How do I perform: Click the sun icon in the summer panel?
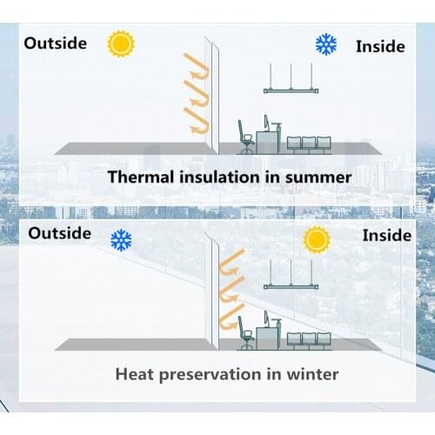pos(120,43)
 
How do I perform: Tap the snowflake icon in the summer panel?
pos(326,44)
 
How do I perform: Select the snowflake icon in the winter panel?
pos(122,240)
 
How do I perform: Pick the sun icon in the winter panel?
pos(317,238)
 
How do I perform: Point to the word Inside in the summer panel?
pos(380,46)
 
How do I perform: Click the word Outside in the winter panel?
pos(59,232)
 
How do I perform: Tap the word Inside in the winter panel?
pos(386,235)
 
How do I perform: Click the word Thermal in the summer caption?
pos(140,177)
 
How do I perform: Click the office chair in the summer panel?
pos(245,139)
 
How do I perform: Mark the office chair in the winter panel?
pos(245,336)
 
